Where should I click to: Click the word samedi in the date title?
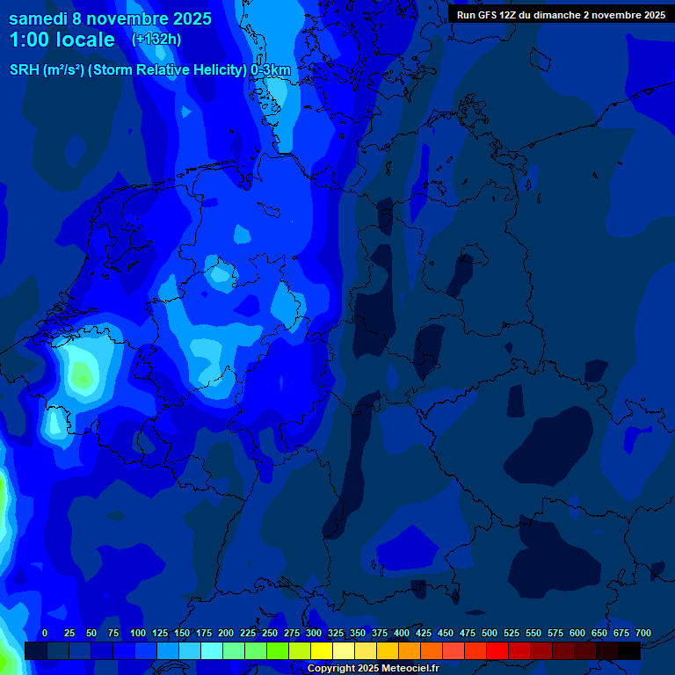38,18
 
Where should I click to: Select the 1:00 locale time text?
62,40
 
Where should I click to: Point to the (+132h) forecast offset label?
156,40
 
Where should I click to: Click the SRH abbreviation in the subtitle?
24,70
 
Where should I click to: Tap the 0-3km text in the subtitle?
271,70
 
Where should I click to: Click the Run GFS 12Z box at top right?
561,14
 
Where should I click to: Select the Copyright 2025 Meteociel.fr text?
373,668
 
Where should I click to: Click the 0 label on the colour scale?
45,634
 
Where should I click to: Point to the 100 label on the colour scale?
137,634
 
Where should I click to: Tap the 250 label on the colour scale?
269,634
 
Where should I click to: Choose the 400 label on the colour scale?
401,634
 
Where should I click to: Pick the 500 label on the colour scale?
489,634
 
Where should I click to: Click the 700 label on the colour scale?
642,634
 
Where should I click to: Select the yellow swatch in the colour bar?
322,650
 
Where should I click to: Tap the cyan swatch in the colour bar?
212,650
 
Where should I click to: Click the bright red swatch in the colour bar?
497,650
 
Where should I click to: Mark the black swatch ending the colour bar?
629,650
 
